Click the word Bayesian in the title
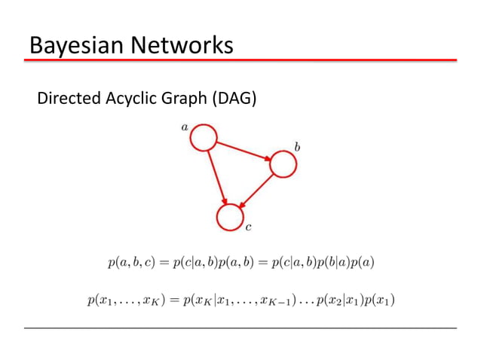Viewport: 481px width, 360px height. (x=74, y=45)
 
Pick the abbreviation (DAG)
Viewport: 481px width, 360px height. (x=234, y=98)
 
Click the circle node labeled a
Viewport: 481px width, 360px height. (x=204, y=138)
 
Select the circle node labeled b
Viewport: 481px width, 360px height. (x=283, y=163)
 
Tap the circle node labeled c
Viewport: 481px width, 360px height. (x=229, y=218)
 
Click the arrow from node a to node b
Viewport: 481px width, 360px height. (x=243, y=151)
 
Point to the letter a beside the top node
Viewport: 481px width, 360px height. (x=185, y=127)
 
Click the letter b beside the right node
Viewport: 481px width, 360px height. (x=297, y=147)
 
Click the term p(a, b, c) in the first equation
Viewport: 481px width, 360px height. (x=133, y=263)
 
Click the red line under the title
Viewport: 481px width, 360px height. (x=240, y=59)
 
